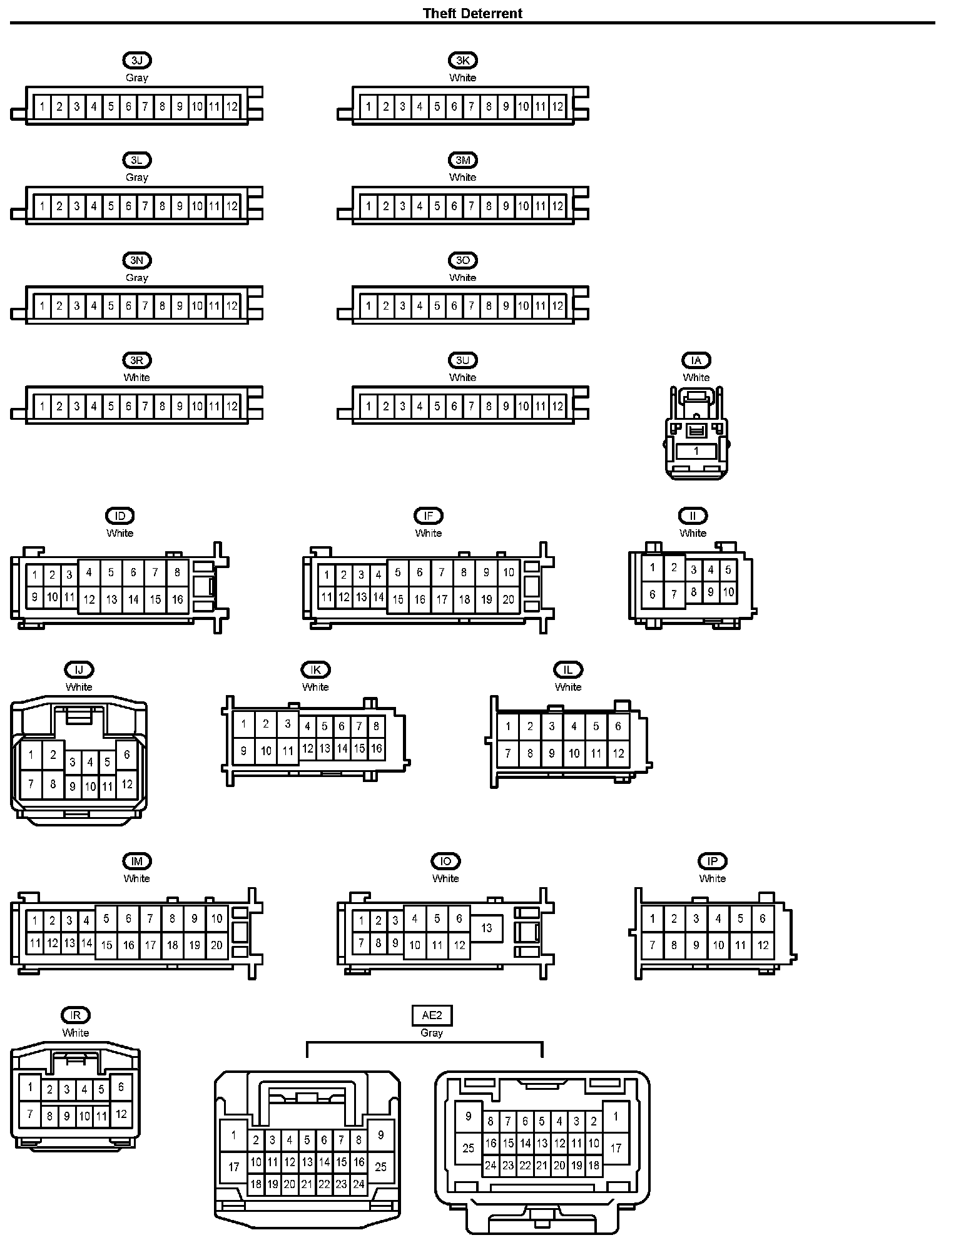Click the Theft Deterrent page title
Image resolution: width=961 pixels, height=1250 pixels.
pyautogui.click(x=472, y=13)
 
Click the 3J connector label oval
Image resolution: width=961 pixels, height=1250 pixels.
pyautogui.click(x=137, y=60)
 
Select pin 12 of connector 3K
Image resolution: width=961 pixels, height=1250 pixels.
pyautogui.click(x=557, y=106)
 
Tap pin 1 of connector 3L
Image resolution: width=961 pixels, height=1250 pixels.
pyautogui.click(x=42, y=206)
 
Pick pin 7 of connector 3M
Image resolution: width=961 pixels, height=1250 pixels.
pyautogui.click(x=471, y=206)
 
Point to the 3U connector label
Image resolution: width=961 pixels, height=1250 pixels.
pyautogui.click(x=462, y=360)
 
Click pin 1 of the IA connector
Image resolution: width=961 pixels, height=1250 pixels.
pyautogui.click(x=696, y=450)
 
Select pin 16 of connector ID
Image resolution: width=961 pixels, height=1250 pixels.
pyautogui.click(x=178, y=599)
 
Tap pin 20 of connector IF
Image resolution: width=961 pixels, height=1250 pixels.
pyautogui.click(x=509, y=599)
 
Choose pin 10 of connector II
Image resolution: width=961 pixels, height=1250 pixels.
pyautogui.click(x=728, y=592)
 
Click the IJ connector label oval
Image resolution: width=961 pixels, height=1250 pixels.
pyautogui.click(x=79, y=669)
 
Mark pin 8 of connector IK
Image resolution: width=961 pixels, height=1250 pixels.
pyautogui.click(x=376, y=726)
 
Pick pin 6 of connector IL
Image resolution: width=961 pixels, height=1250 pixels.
pyautogui.click(x=618, y=726)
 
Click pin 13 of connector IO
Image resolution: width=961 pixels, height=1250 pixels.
pyautogui.click(x=487, y=928)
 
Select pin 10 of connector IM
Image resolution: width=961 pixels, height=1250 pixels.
pyautogui.click(x=216, y=919)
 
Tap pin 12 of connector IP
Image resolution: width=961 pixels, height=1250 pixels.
pyautogui.click(x=763, y=945)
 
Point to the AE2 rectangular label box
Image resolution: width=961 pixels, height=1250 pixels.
pyautogui.click(x=432, y=1015)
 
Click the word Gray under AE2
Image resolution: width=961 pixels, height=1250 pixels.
pyautogui.click(x=432, y=1033)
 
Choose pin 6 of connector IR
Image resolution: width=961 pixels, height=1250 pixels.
pyautogui.click(x=121, y=1087)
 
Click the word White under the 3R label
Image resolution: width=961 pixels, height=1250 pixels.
pyautogui.click(x=136, y=377)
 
